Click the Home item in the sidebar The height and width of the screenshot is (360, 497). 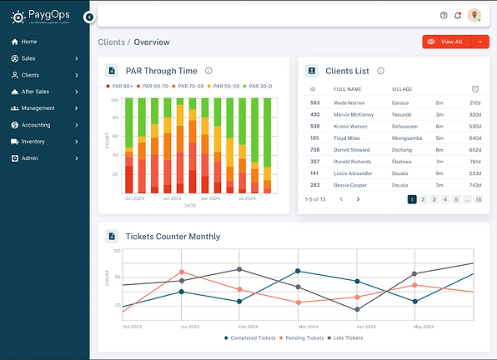(28, 42)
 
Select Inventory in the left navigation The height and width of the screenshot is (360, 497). (33, 142)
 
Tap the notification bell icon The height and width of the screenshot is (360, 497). (457, 15)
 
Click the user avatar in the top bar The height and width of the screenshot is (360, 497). (474, 15)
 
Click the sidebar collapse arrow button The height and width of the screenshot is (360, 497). (89, 17)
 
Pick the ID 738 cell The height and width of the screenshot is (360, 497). (314, 149)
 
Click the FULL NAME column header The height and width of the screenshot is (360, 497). (349, 88)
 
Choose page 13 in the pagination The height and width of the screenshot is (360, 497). (478, 200)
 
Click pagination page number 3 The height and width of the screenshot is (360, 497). (434, 200)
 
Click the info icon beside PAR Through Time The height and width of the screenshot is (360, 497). (208, 71)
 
